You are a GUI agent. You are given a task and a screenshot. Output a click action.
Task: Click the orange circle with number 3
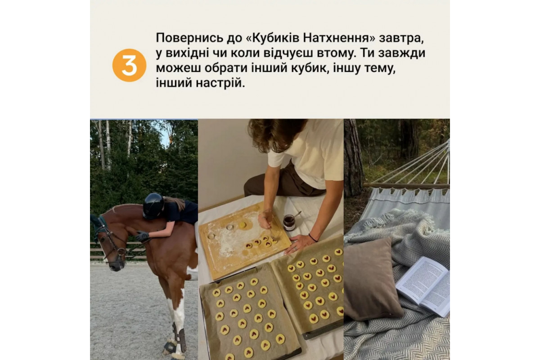129,65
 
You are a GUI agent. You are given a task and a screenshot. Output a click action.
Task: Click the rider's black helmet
153,206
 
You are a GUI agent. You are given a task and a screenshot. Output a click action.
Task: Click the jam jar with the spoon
289,221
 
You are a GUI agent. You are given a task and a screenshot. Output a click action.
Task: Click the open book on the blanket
423,286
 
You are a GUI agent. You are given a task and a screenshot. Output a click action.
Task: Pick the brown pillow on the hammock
371,279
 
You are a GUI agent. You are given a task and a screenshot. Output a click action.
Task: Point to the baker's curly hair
274,133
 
